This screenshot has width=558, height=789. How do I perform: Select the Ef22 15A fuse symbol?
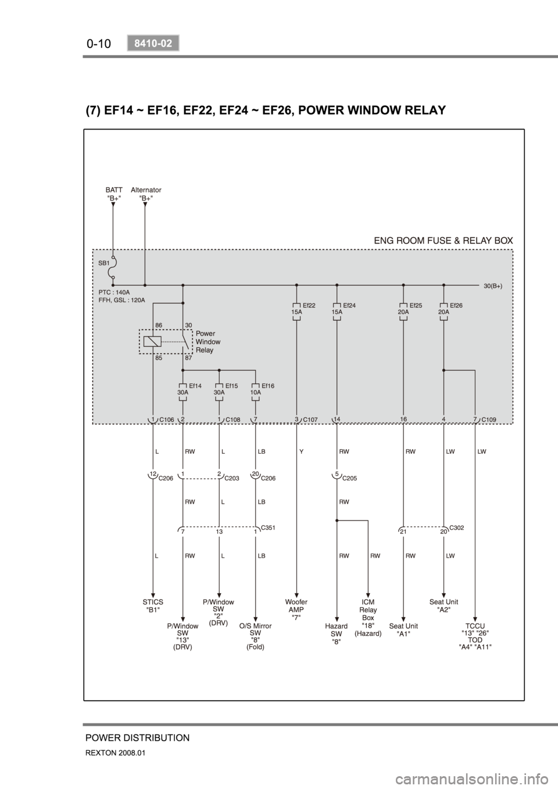(x=297, y=311)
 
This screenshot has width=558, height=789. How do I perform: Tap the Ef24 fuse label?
(x=349, y=304)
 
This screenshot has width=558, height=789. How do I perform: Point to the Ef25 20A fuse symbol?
(x=403, y=311)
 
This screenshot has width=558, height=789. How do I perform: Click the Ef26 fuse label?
(x=456, y=304)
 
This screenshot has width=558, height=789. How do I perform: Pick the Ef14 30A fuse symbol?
(x=183, y=392)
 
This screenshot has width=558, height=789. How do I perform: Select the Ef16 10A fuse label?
(x=268, y=385)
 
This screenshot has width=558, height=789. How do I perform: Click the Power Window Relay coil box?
(x=152, y=342)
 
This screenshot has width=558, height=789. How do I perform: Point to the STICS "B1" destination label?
(x=153, y=606)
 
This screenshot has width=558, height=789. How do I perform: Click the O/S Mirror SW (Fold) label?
(x=256, y=636)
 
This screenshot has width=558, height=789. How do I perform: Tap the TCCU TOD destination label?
(x=475, y=636)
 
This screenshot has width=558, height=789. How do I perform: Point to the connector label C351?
(x=268, y=527)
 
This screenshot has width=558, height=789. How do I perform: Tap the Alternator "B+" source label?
(x=146, y=193)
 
